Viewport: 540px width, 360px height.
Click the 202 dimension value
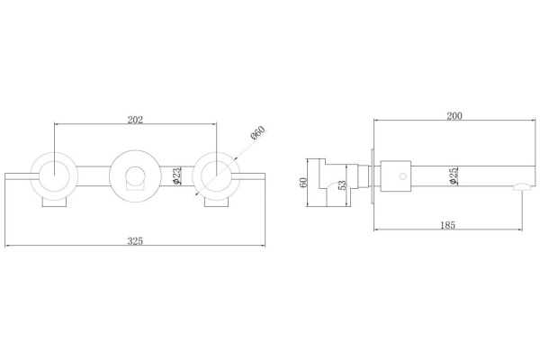pos(135,120)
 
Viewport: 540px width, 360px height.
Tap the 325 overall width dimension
pos(135,241)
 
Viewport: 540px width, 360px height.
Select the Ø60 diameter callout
pos(258,132)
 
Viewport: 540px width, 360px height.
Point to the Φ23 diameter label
pos(176,176)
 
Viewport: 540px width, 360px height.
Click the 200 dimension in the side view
pos(454,116)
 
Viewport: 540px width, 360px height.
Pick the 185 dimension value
pos(447,225)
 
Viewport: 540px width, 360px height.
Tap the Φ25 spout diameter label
pos(454,175)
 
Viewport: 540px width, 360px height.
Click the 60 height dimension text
pos(303,182)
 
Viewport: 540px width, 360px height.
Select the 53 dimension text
pos(342,185)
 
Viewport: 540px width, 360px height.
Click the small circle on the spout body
pos(402,176)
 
